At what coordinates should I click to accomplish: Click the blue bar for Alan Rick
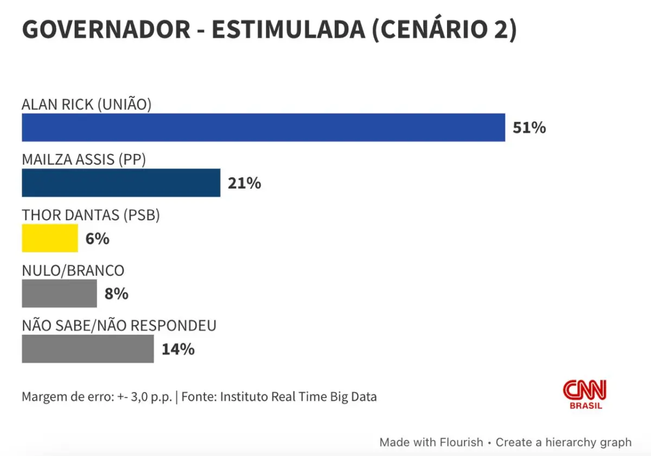pos(263,128)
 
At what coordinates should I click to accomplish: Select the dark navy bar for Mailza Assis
pos(121,183)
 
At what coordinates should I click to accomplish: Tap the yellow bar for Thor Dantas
pos(50,238)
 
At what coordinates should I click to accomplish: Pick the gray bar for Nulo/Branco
pos(59,294)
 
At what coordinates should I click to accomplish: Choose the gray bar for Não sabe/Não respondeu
pos(88,349)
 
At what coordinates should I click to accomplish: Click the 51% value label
pos(529,128)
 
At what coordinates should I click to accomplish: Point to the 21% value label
pos(244,184)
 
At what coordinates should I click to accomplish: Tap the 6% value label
pos(97,239)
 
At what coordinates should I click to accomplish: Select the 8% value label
pos(116,294)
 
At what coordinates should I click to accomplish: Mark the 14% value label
pos(178,349)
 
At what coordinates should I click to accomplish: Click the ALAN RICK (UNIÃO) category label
pos(86,104)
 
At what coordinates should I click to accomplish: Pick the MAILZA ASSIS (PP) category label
pos(84,160)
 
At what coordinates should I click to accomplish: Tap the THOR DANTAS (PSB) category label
pos(91,215)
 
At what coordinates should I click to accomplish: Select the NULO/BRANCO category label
pos(73,270)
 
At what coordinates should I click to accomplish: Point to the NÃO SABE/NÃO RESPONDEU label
pos(119,325)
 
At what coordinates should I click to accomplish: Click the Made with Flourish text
pos(431,442)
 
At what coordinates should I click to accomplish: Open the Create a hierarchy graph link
pos(563,442)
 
